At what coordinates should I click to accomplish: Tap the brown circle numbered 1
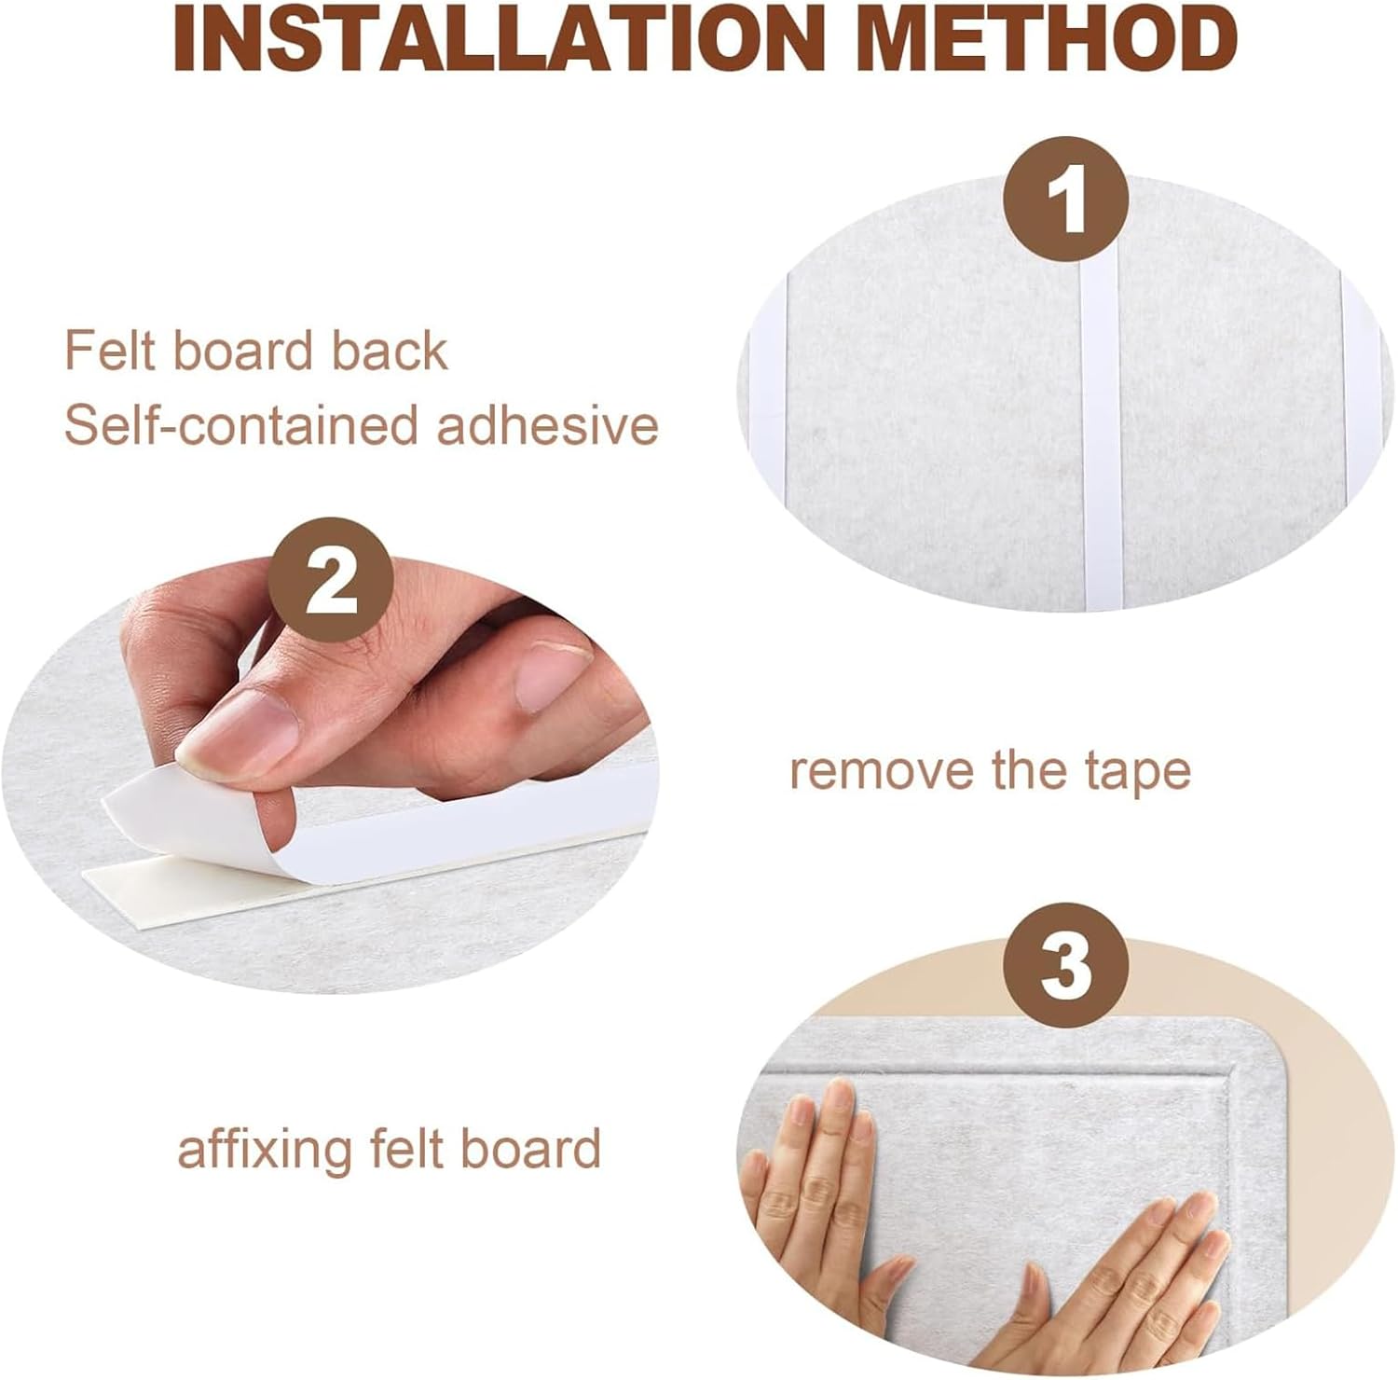pyautogui.click(x=1065, y=200)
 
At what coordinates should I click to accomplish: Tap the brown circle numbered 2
pyautogui.click(x=331, y=580)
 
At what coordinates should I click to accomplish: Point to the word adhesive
pyautogui.click(x=548, y=426)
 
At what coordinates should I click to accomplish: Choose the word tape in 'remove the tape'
pyautogui.click(x=1138, y=774)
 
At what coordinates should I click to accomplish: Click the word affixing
pyautogui.click(x=265, y=1149)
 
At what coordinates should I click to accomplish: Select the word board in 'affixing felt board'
pyautogui.click(x=531, y=1148)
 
